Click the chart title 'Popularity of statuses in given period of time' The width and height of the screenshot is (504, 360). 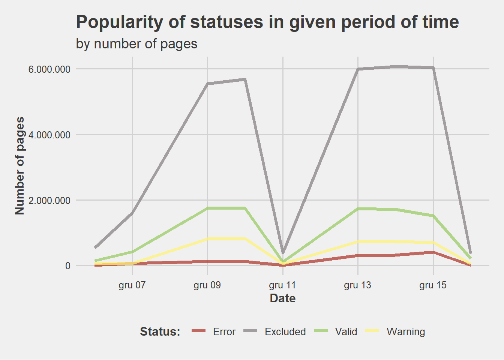267,22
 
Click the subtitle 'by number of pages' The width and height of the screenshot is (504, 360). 136,44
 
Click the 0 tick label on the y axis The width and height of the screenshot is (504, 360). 67,266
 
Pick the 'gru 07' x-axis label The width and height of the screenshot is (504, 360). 132,285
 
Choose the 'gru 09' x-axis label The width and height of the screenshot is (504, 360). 207,285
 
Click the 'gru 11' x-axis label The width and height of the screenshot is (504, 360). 282,285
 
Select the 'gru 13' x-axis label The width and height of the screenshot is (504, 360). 357,285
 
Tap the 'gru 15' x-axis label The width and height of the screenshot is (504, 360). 433,285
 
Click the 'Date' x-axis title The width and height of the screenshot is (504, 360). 283,298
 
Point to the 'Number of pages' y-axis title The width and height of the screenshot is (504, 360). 20,166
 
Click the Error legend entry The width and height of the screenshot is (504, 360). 224,332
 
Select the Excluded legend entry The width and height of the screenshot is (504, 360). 285,332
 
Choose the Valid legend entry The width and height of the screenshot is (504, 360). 346,332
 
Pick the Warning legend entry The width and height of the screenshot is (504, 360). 406,332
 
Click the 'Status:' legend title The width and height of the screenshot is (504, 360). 160,332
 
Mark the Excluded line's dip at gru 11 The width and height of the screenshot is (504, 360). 283,253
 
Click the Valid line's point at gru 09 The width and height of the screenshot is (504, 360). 208,208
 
